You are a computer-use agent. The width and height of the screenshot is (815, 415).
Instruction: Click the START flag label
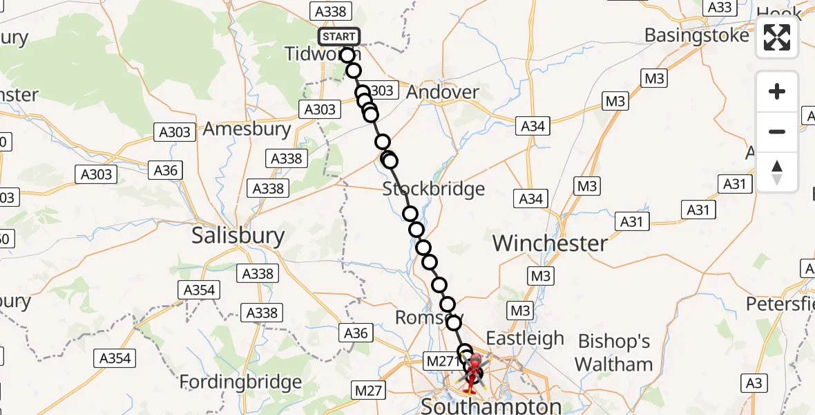click(x=338, y=36)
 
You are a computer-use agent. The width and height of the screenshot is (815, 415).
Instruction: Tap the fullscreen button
click(x=777, y=37)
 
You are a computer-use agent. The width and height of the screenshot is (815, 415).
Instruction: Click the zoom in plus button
click(x=777, y=91)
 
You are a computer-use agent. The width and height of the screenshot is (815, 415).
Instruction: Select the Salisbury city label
click(x=238, y=236)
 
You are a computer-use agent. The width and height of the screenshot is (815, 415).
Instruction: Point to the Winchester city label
click(x=550, y=243)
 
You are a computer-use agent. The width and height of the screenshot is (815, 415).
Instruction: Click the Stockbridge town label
click(x=434, y=189)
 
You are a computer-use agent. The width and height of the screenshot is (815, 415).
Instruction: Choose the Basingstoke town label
click(x=696, y=35)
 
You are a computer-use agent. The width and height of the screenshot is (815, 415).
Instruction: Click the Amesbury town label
click(x=247, y=129)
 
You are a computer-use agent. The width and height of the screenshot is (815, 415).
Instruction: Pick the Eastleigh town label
click(x=525, y=338)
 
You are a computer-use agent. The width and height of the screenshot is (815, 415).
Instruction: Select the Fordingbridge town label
click(x=240, y=382)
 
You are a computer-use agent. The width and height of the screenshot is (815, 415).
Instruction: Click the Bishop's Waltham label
click(x=614, y=352)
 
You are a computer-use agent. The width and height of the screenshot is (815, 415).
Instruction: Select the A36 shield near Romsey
click(x=356, y=333)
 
